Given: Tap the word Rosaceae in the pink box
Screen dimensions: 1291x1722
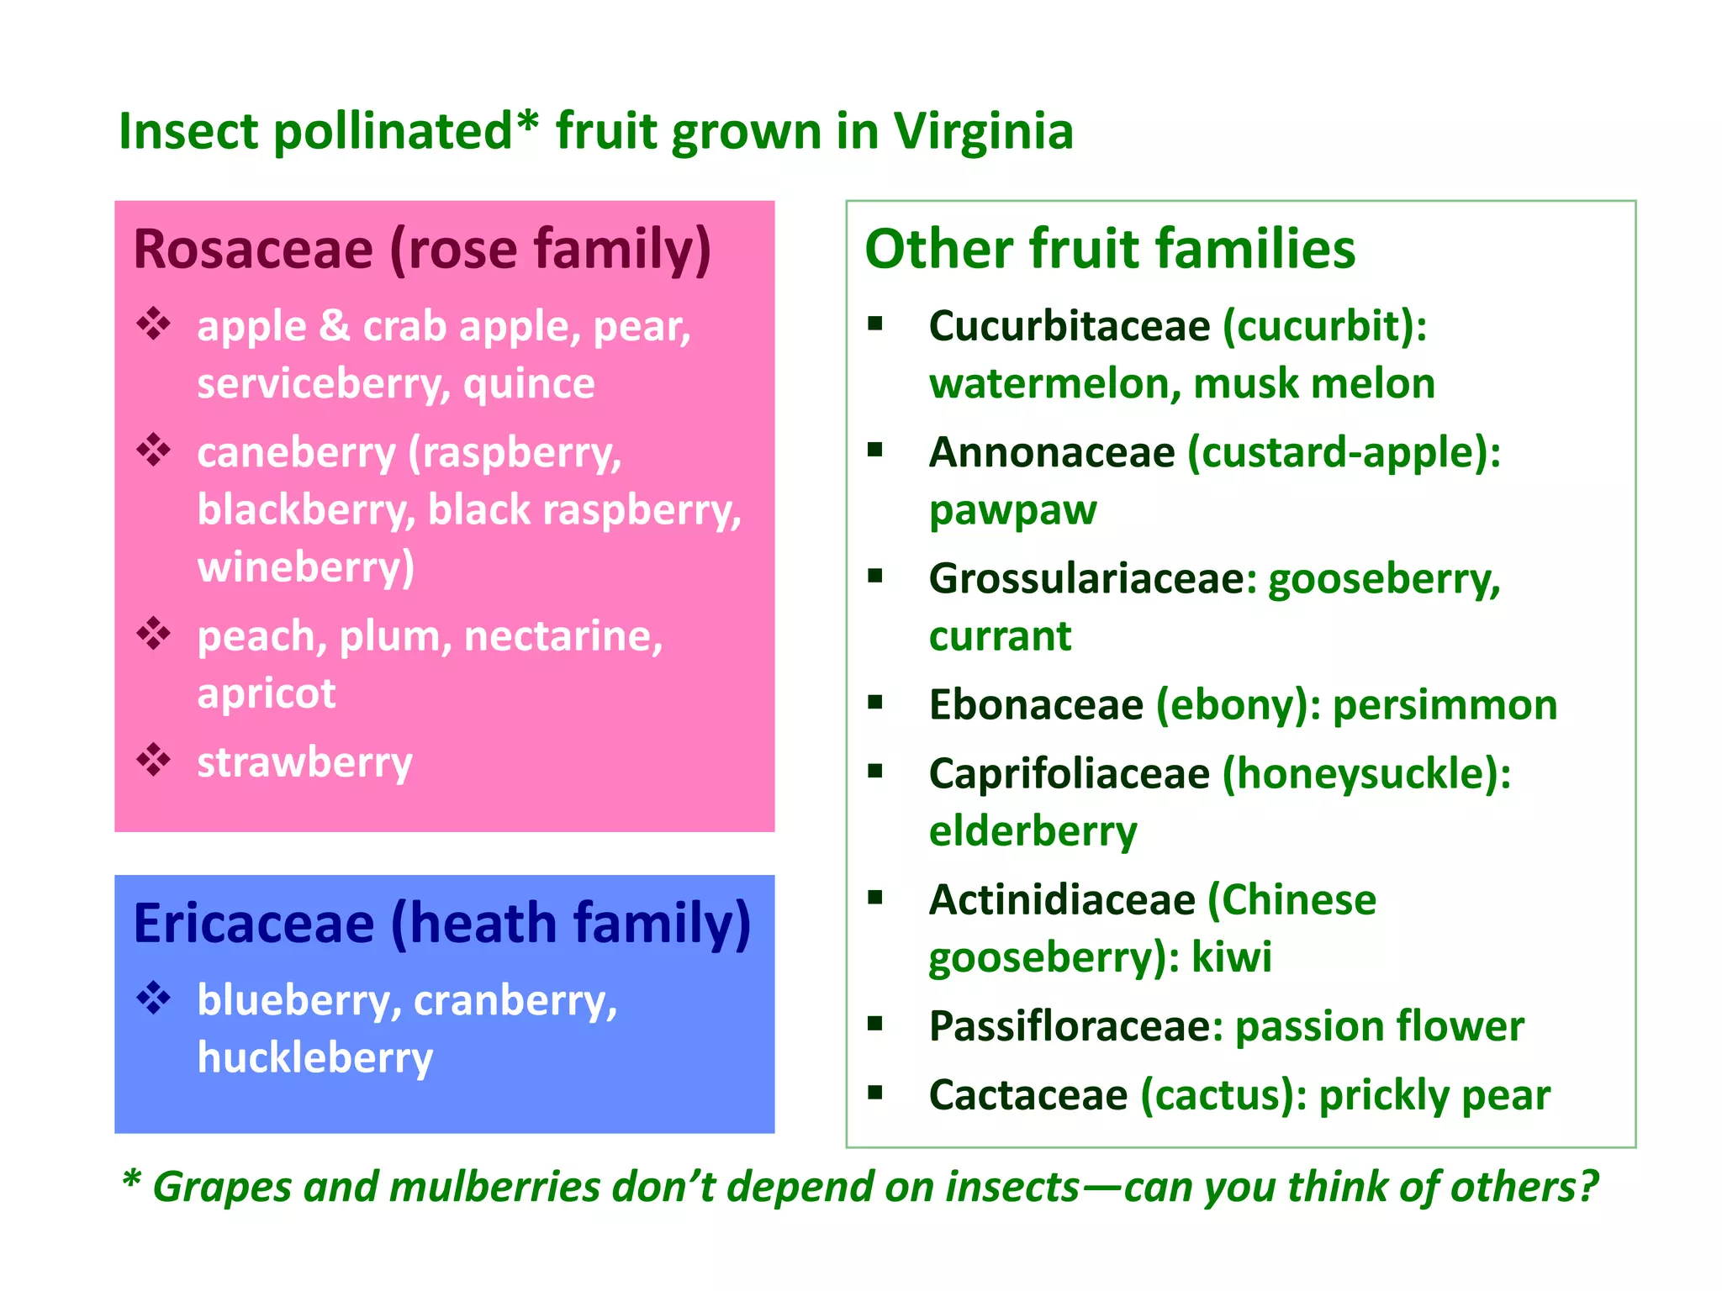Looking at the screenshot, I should click(x=253, y=250).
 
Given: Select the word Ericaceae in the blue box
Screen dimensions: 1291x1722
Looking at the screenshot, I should click(x=253, y=924).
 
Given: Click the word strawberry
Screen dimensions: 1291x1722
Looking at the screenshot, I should click(x=304, y=763).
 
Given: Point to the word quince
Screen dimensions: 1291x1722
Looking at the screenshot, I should click(x=529, y=384).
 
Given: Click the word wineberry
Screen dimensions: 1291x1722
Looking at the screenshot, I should click(x=305, y=567).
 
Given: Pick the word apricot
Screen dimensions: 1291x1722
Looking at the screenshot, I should click(x=266, y=693).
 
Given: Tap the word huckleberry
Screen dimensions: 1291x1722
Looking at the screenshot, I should click(x=314, y=1058).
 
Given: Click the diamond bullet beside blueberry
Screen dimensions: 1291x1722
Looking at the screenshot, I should click(x=154, y=999).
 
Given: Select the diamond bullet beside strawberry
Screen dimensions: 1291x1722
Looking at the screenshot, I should click(x=154, y=760).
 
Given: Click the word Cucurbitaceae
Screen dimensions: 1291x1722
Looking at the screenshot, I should click(x=1069, y=326).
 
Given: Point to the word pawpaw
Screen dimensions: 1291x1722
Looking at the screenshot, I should click(x=1012, y=510).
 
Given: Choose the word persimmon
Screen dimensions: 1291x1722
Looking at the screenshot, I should click(x=1445, y=704).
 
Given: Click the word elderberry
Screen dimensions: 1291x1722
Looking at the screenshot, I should click(x=1033, y=831).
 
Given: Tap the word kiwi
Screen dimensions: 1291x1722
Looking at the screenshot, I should click(x=1231, y=957).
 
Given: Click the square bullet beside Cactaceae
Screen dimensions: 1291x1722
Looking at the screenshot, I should click(x=875, y=1093).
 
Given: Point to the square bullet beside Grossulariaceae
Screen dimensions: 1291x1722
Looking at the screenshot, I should click(x=875, y=577).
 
